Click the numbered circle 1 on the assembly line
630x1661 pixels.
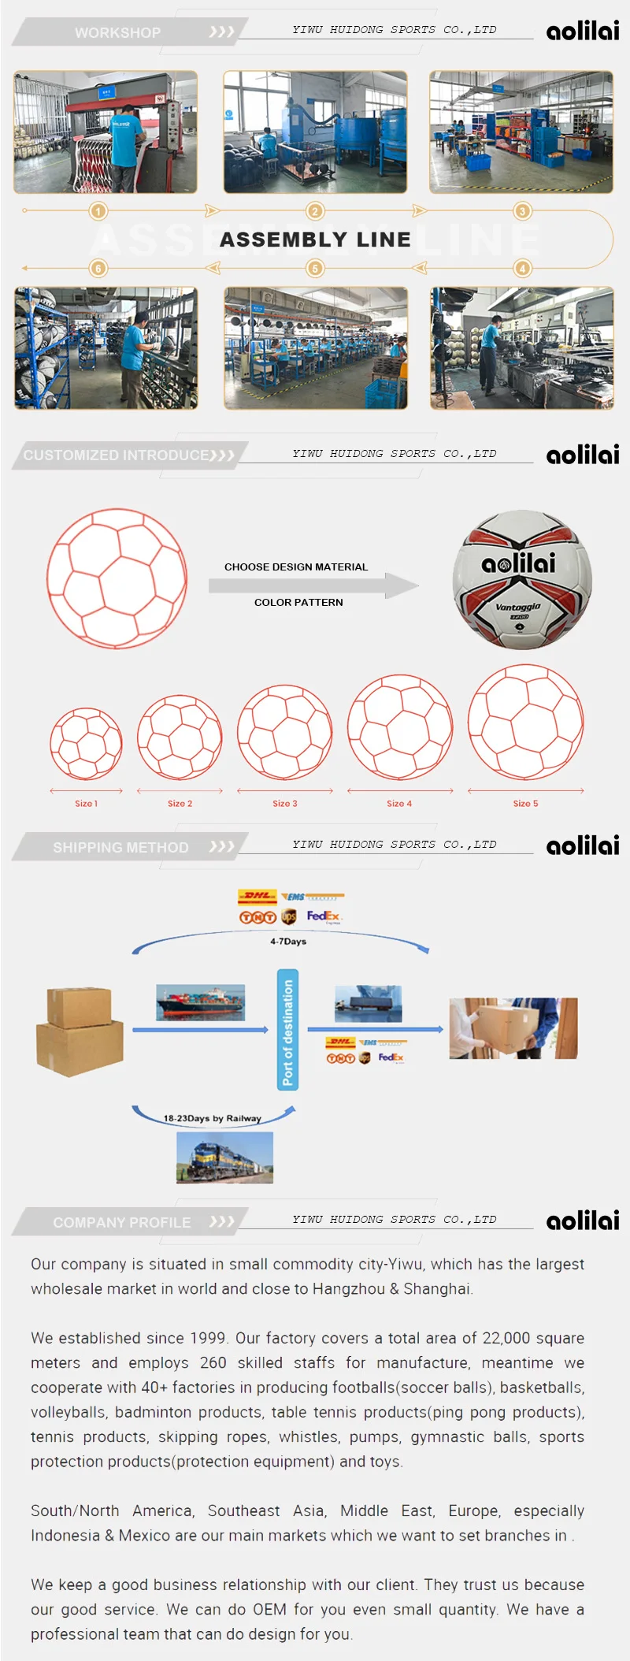click(98, 211)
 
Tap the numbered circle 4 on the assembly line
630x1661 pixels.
click(523, 268)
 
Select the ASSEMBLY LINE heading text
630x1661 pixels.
click(315, 240)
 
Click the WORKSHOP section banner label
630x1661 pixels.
click(117, 33)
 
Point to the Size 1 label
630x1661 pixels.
click(86, 804)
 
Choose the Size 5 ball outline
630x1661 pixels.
click(525, 722)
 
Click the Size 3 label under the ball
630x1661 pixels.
click(285, 804)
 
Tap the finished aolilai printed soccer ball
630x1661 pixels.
click(522, 579)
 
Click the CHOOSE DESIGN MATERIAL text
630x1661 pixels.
click(296, 567)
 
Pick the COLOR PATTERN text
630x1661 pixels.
click(298, 603)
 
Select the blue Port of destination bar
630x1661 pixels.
click(287, 1030)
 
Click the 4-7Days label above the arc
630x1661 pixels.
click(288, 942)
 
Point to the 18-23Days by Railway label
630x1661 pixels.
click(212, 1118)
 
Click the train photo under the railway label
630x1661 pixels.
click(224, 1157)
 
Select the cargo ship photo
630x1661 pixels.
click(200, 1002)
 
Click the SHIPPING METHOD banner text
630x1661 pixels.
click(120, 848)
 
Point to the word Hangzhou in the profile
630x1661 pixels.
click(349, 1289)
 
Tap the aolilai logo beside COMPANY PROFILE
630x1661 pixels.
click(583, 1221)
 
